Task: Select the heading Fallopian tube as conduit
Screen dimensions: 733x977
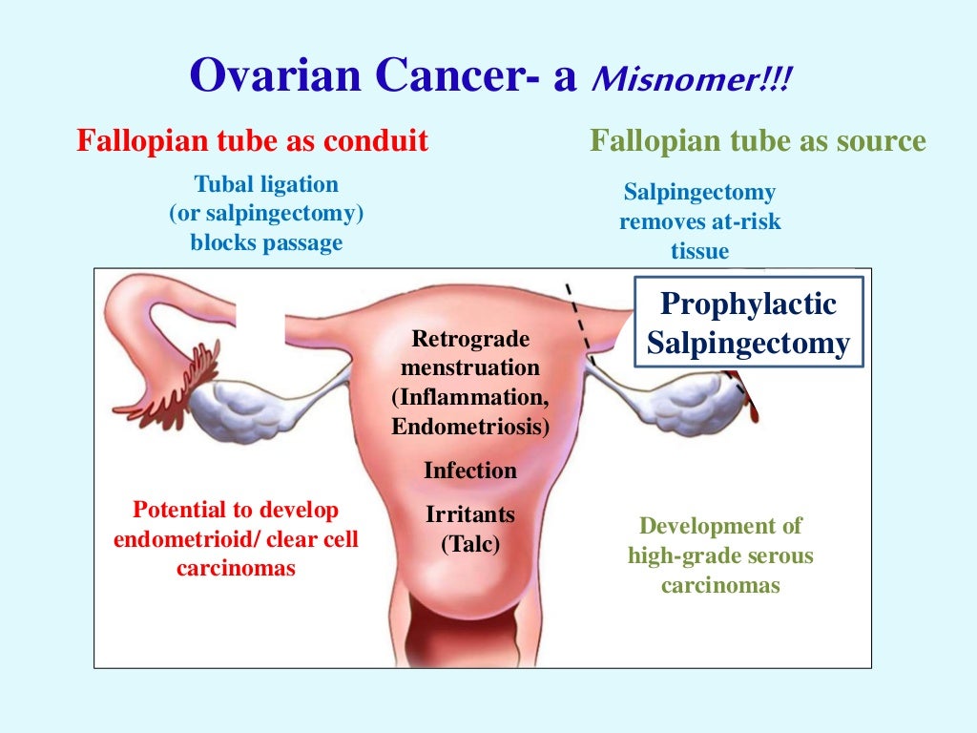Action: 252,142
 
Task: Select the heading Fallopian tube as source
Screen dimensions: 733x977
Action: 758,142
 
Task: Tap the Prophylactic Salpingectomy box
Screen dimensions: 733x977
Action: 748,323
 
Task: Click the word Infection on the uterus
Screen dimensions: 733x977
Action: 470,471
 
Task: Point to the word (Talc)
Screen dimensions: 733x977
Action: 470,545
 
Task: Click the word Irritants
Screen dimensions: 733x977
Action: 470,515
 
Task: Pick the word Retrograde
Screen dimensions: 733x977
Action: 470,339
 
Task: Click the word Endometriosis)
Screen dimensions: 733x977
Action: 470,427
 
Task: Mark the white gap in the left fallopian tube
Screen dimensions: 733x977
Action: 260,320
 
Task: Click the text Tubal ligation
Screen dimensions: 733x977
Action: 266,184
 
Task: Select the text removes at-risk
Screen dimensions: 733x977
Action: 699,222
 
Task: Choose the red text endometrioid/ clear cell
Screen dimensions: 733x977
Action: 236,540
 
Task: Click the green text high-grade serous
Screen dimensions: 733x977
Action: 720,555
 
